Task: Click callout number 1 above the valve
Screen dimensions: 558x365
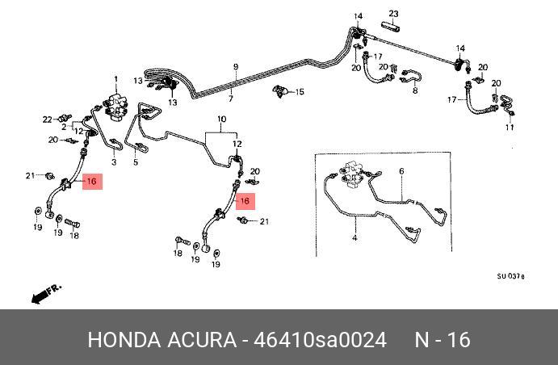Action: [115, 79]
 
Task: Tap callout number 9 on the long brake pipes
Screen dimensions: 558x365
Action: [236, 66]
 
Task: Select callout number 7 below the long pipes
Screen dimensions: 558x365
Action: [230, 99]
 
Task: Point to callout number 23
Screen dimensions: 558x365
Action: [393, 14]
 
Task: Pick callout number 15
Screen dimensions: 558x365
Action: [300, 92]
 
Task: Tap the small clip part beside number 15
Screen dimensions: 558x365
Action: [282, 90]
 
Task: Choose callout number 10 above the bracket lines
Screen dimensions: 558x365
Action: [220, 120]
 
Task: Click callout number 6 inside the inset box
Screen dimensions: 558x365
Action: [400, 171]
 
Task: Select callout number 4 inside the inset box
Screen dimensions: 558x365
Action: [354, 238]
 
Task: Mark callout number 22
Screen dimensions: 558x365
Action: [47, 120]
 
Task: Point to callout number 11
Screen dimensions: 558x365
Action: [510, 128]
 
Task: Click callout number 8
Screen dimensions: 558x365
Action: [415, 91]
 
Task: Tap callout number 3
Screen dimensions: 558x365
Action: [113, 163]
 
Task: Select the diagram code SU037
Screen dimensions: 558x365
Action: [510, 275]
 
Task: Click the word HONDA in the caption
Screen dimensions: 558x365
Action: [122, 339]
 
